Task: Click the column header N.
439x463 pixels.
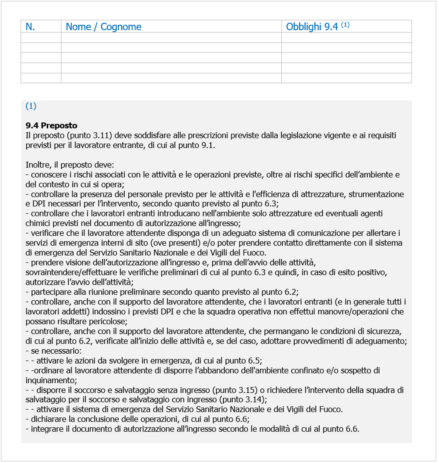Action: pos(30,27)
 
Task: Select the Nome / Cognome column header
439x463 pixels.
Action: pos(103,27)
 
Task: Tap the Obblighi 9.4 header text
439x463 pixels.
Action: pos(312,27)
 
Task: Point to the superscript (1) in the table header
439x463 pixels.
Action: pos(345,25)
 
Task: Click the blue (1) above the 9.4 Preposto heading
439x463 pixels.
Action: pos(31,106)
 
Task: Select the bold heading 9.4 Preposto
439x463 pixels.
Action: pos(51,125)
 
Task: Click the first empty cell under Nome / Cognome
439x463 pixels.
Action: pos(171,37)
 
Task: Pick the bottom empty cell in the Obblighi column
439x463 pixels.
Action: pos(346,78)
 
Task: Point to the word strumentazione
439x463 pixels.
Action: pos(376,194)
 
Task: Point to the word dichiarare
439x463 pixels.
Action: pos(48,419)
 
